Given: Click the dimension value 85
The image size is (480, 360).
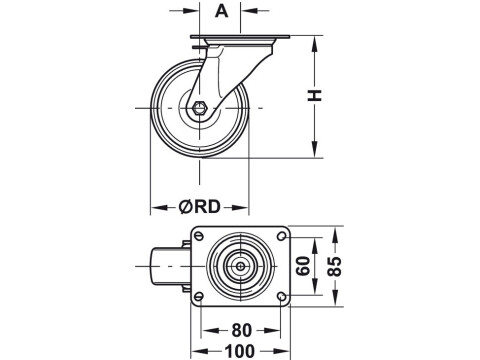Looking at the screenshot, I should point(337,266).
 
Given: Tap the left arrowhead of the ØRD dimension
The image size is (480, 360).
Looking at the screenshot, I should point(155,208).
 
